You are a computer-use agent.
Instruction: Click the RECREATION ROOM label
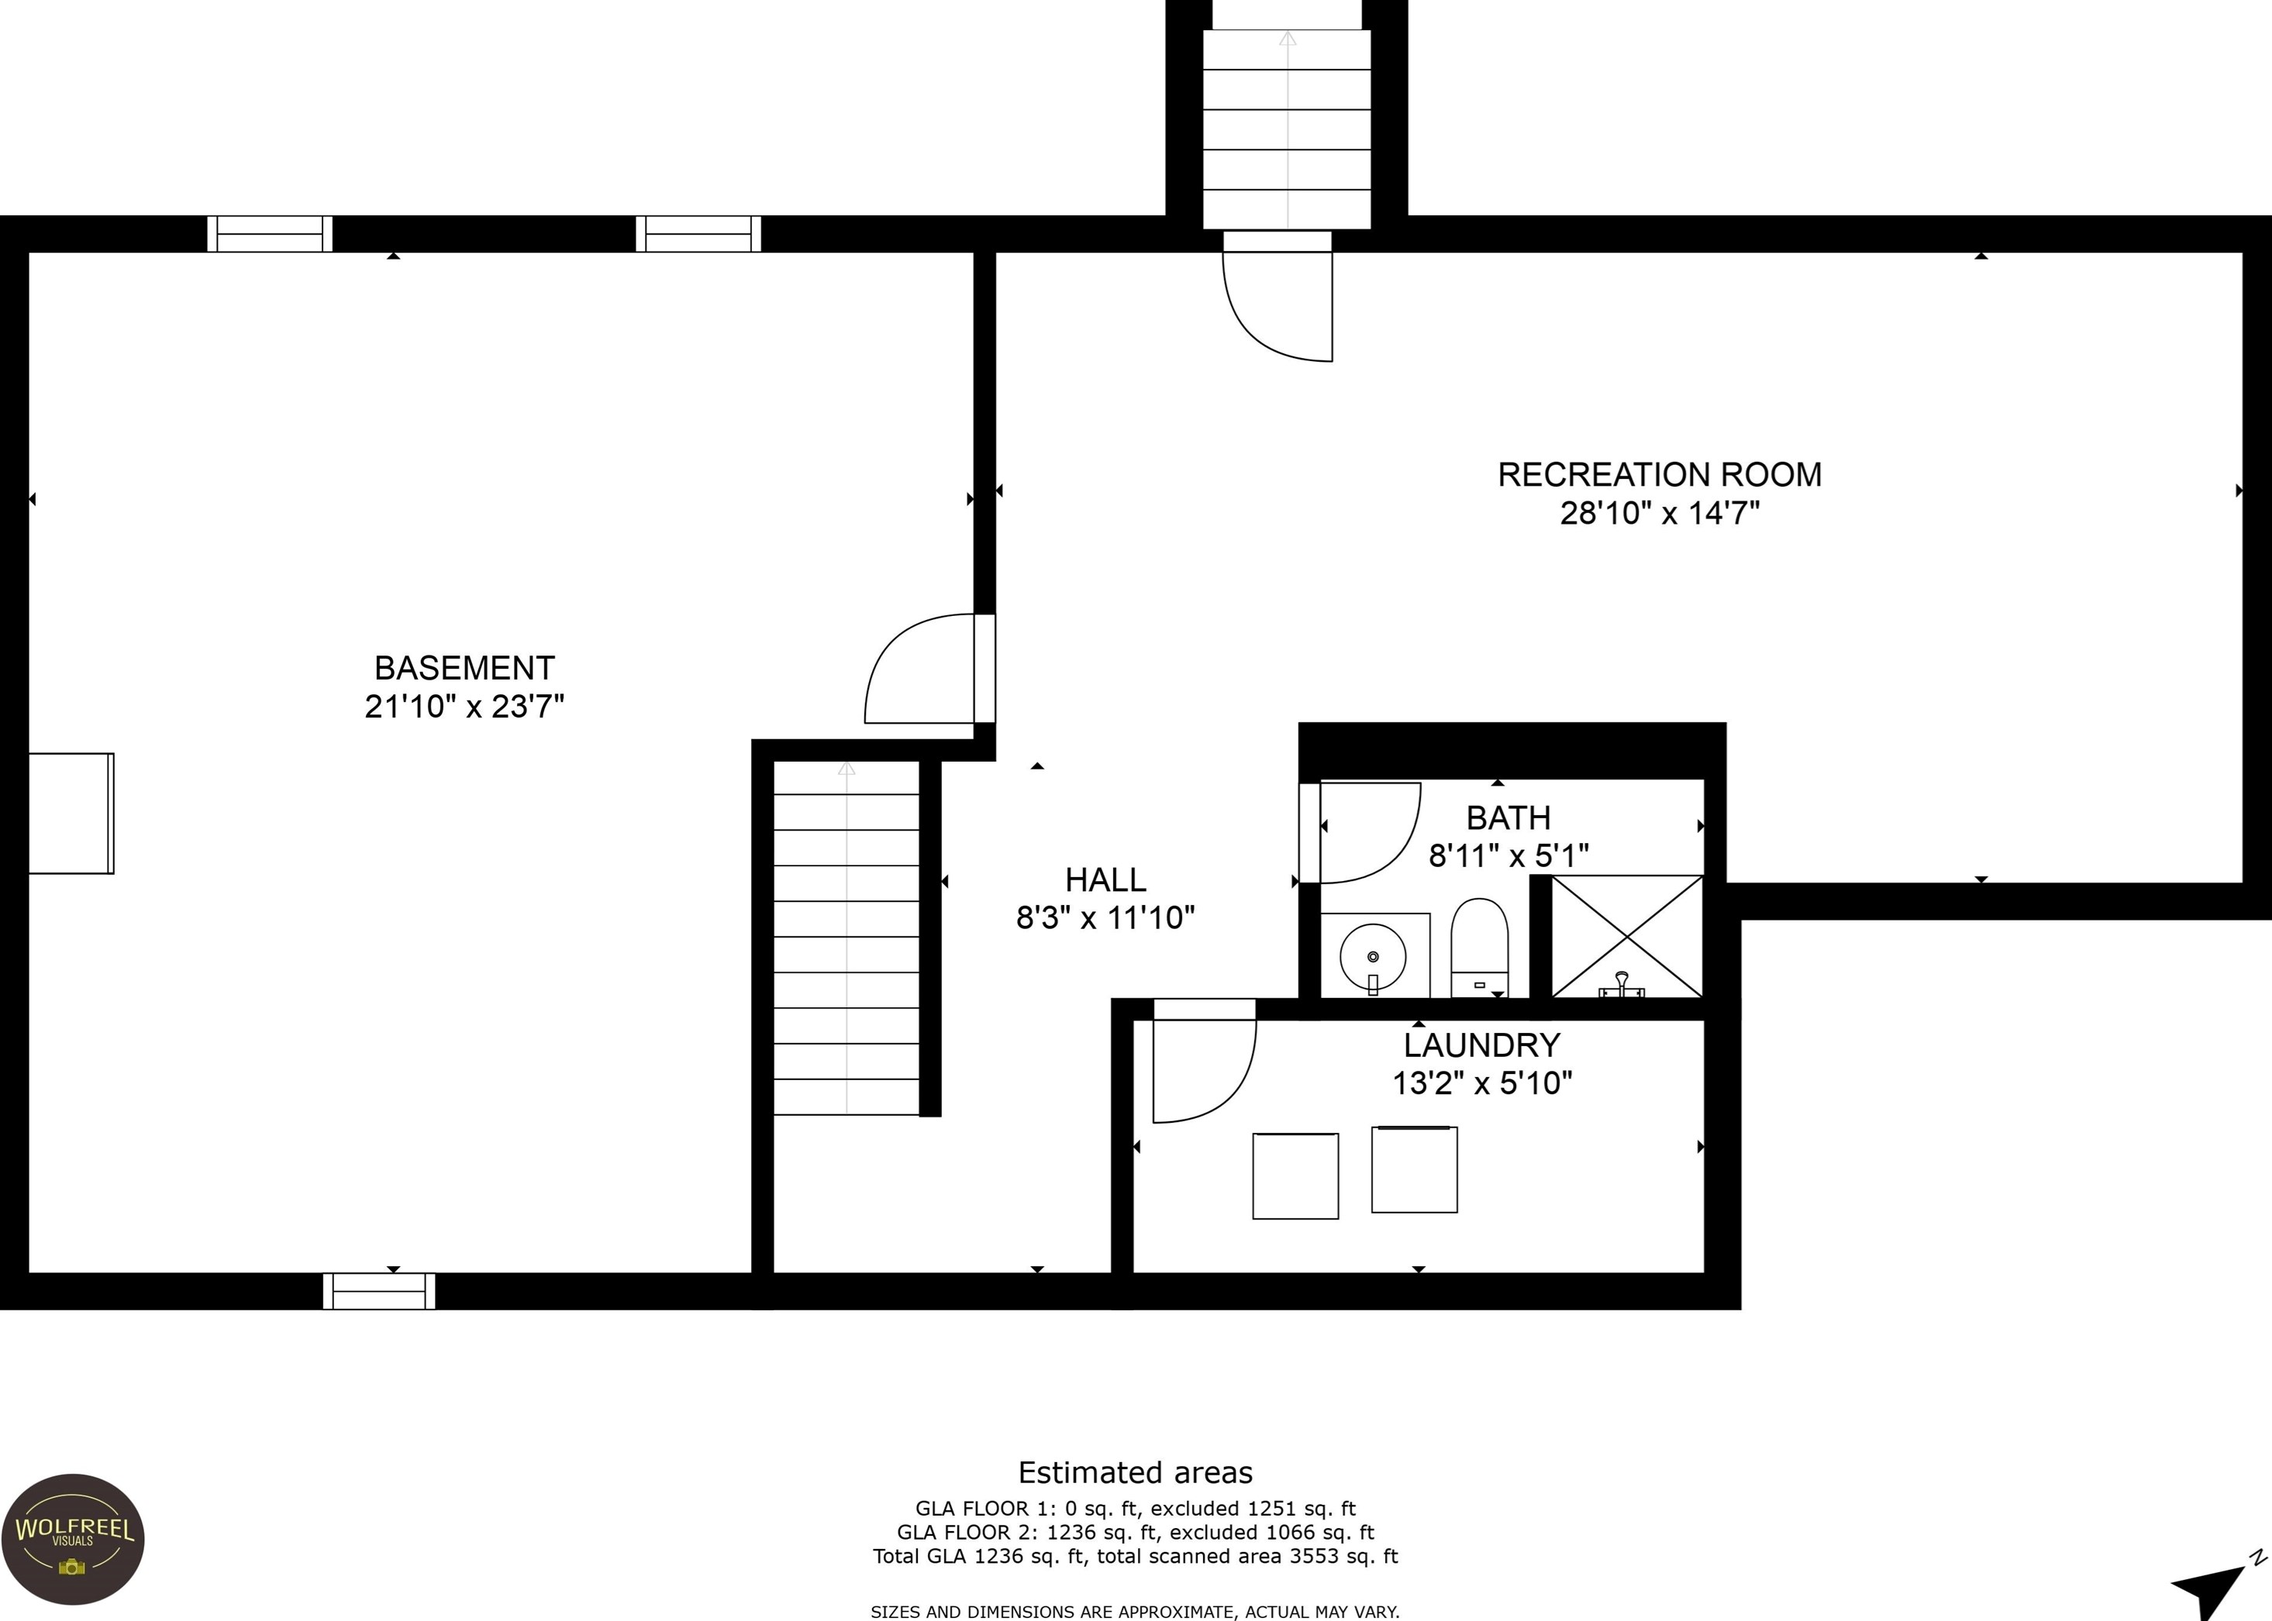point(1659,474)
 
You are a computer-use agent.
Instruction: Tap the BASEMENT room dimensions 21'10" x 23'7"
point(464,707)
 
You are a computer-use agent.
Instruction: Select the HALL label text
point(1105,879)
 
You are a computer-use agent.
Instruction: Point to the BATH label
point(1508,817)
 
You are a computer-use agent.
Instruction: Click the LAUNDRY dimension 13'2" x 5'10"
point(1482,1083)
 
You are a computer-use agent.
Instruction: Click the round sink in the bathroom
point(1373,956)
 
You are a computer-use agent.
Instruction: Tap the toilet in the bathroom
point(1478,947)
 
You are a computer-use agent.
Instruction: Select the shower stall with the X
point(1627,936)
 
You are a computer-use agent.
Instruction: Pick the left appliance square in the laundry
point(1296,1175)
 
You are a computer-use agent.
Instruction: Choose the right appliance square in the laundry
point(1415,1170)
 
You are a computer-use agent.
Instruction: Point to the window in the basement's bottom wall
point(379,1291)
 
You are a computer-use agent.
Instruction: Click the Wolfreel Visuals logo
point(73,1538)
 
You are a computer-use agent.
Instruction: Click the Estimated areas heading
point(1135,1472)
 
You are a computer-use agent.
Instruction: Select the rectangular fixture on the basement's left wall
point(71,814)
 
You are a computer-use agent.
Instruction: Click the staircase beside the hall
point(846,938)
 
